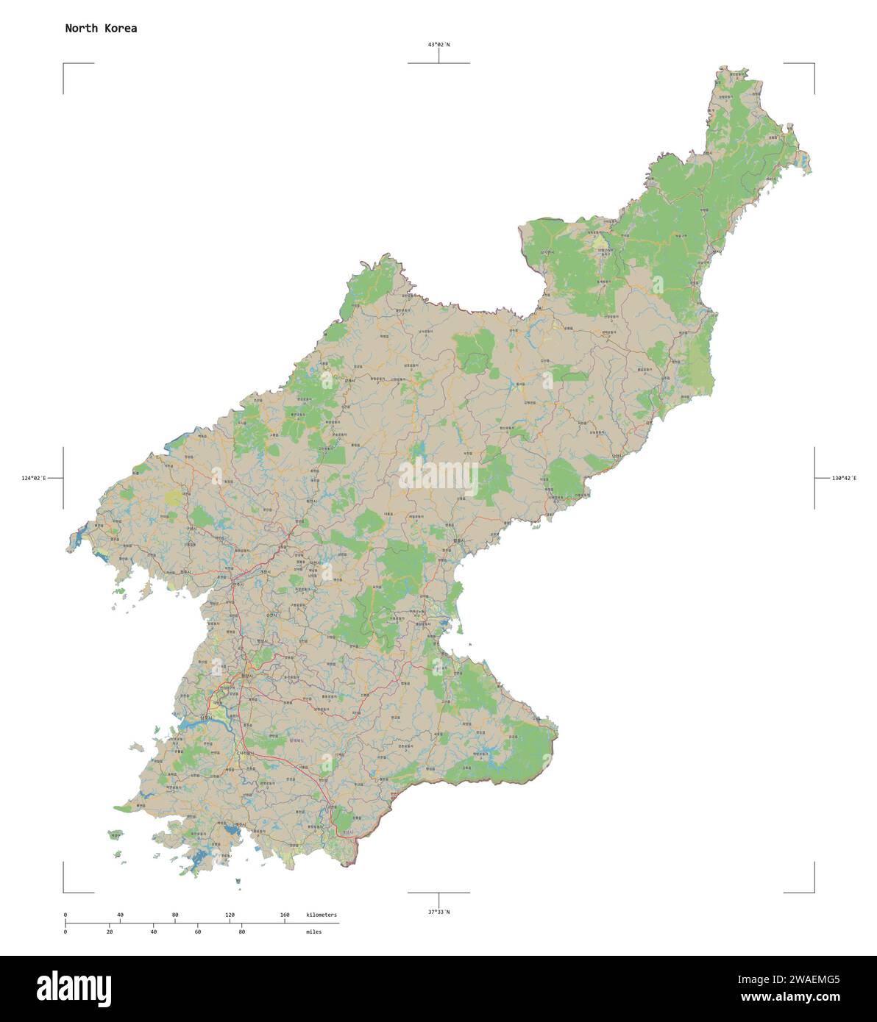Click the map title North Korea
click(x=101, y=29)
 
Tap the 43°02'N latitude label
click(x=439, y=45)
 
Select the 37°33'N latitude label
click(x=439, y=912)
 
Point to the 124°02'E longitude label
click(x=34, y=479)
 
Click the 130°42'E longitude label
click(x=844, y=479)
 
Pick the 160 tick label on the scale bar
click(x=285, y=915)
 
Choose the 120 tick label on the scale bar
click(x=230, y=915)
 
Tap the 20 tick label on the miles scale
click(x=110, y=932)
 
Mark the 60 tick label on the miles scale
click(x=198, y=932)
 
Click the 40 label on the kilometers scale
click(x=120, y=915)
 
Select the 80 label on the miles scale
click(x=241, y=932)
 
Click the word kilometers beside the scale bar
click(x=322, y=915)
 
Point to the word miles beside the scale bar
click(x=313, y=932)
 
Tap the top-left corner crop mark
click(x=64, y=65)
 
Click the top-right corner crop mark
click(x=813, y=65)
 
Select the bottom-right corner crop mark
click(x=813, y=892)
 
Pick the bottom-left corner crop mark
click(x=64, y=892)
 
